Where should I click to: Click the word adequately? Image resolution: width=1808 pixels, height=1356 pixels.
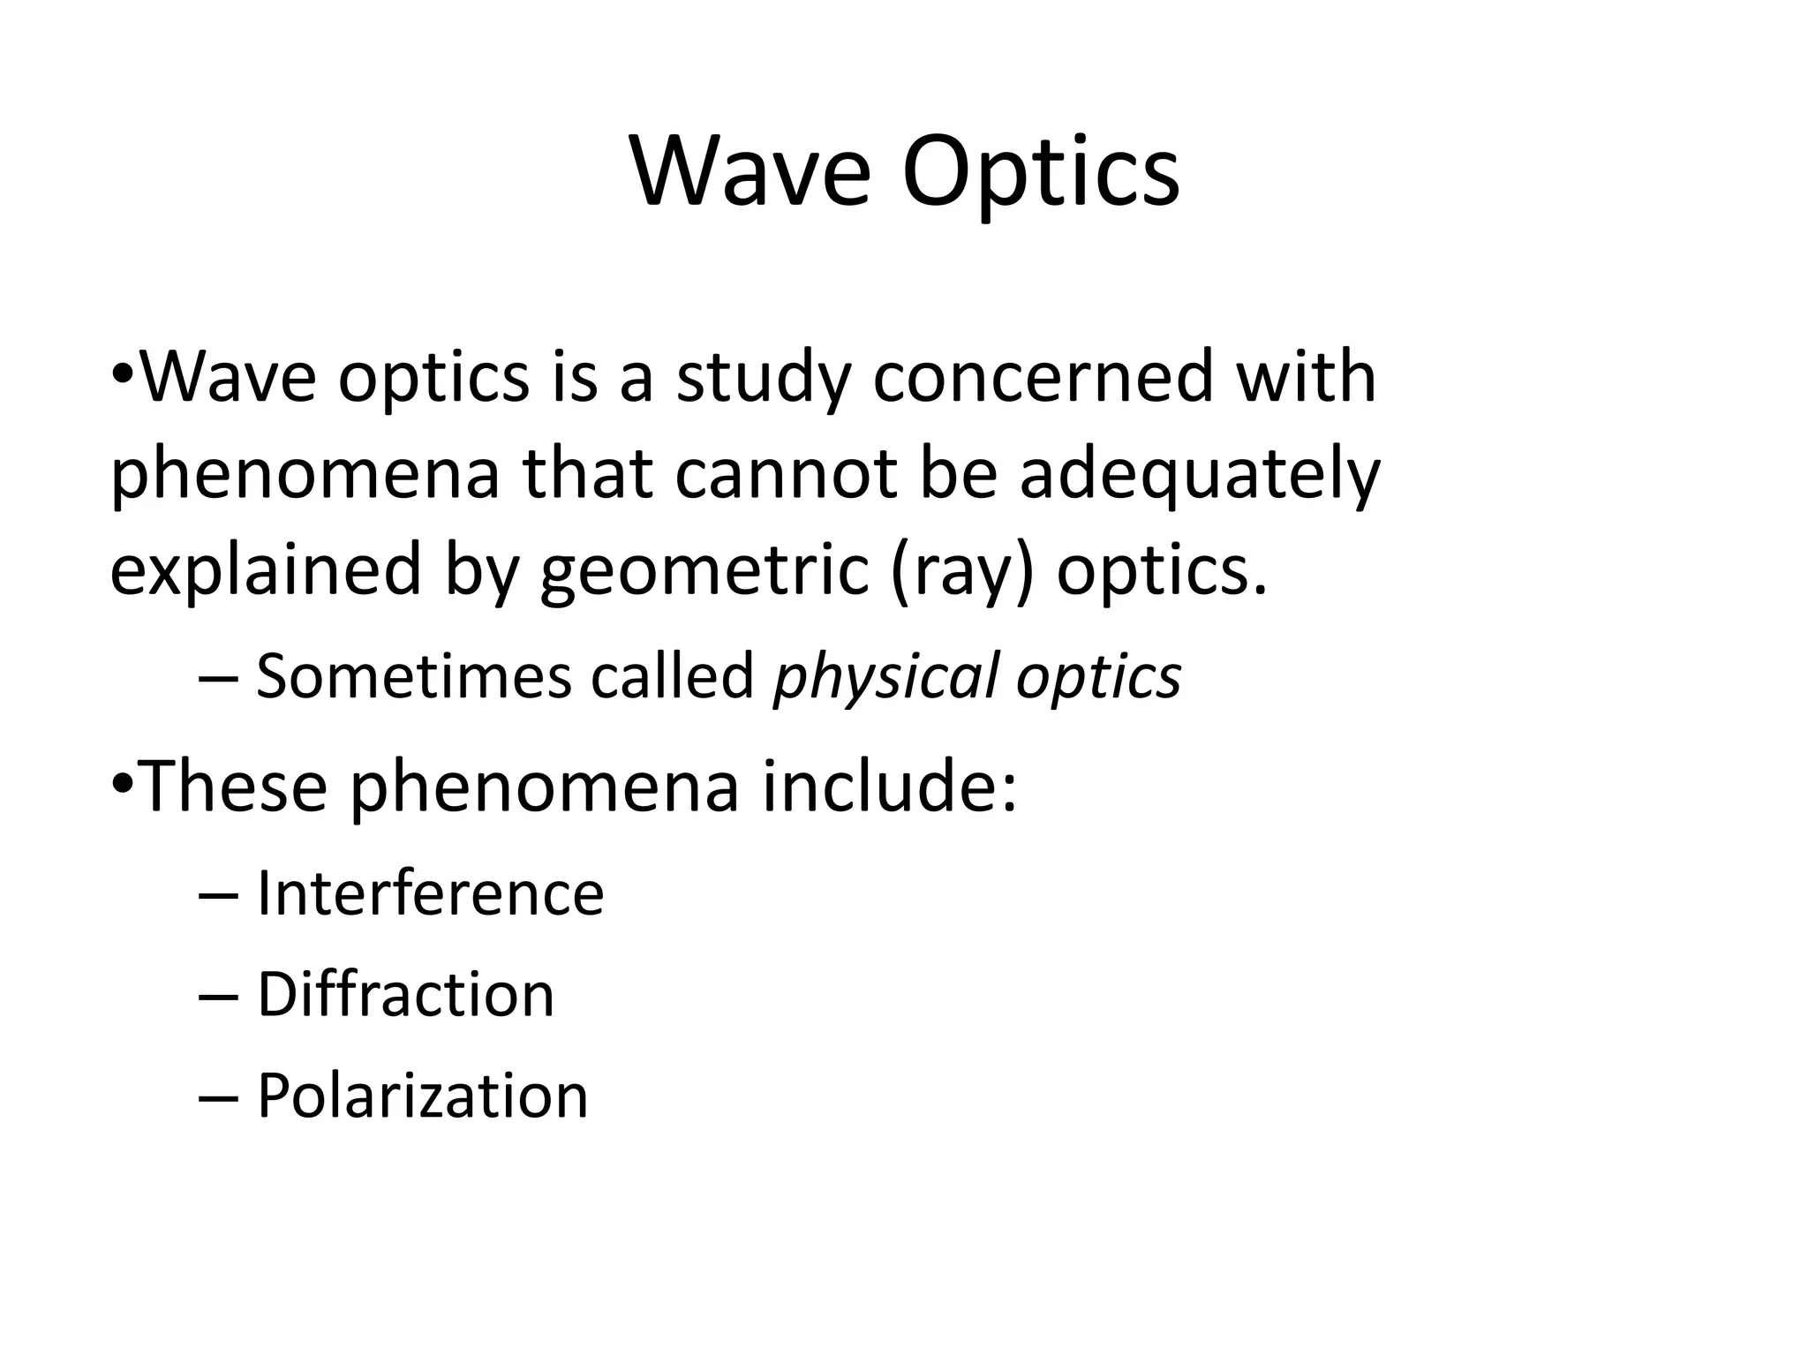[1200, 475]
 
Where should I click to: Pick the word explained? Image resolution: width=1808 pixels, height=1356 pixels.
[265, 569]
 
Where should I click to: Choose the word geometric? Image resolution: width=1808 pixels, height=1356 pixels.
[704, 569]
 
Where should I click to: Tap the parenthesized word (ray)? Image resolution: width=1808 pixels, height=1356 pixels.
[961, 571]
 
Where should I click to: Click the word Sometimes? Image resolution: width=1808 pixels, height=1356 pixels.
[415, 677]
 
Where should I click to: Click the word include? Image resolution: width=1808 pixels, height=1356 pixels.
[890, 786]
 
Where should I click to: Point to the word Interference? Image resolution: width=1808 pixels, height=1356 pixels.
[430, 893]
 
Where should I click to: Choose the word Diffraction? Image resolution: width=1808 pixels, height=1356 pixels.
[405, 995]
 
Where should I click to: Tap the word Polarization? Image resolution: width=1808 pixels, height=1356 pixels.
[422, 1096]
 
